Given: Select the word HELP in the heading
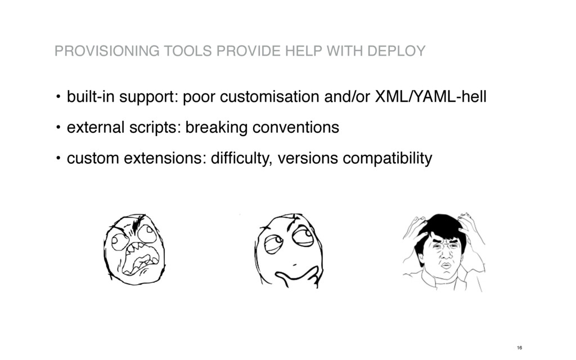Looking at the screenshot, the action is click(x=307, y=52).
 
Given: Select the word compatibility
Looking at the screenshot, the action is click(x=388, y=159).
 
